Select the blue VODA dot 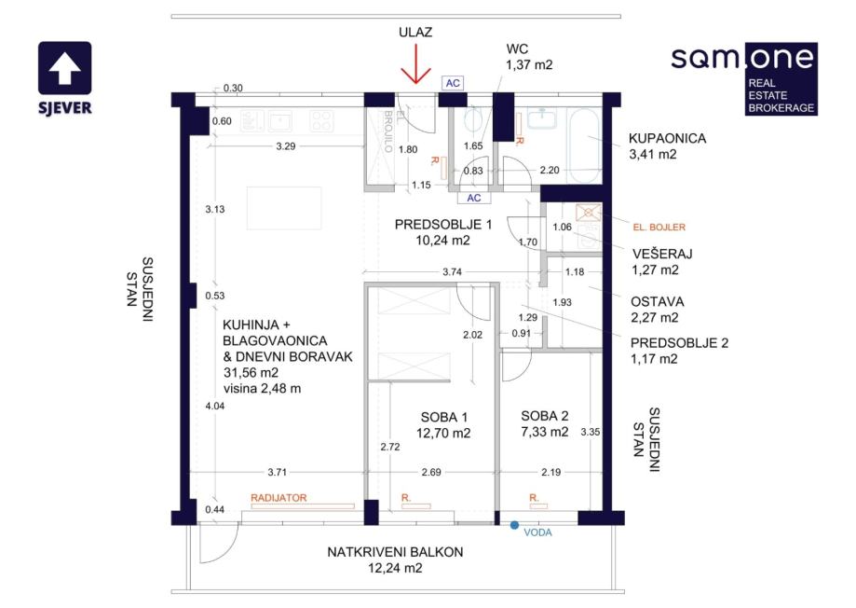tap(514, 525)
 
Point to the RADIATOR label tap(279, 498)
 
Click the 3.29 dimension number tap(286, 146)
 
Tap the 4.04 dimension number tap(215, 406)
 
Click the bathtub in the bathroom tap(585, 145)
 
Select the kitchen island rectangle tap(284, 208)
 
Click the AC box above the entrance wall tap(453, 83)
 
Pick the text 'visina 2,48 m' tap(262, 389)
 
